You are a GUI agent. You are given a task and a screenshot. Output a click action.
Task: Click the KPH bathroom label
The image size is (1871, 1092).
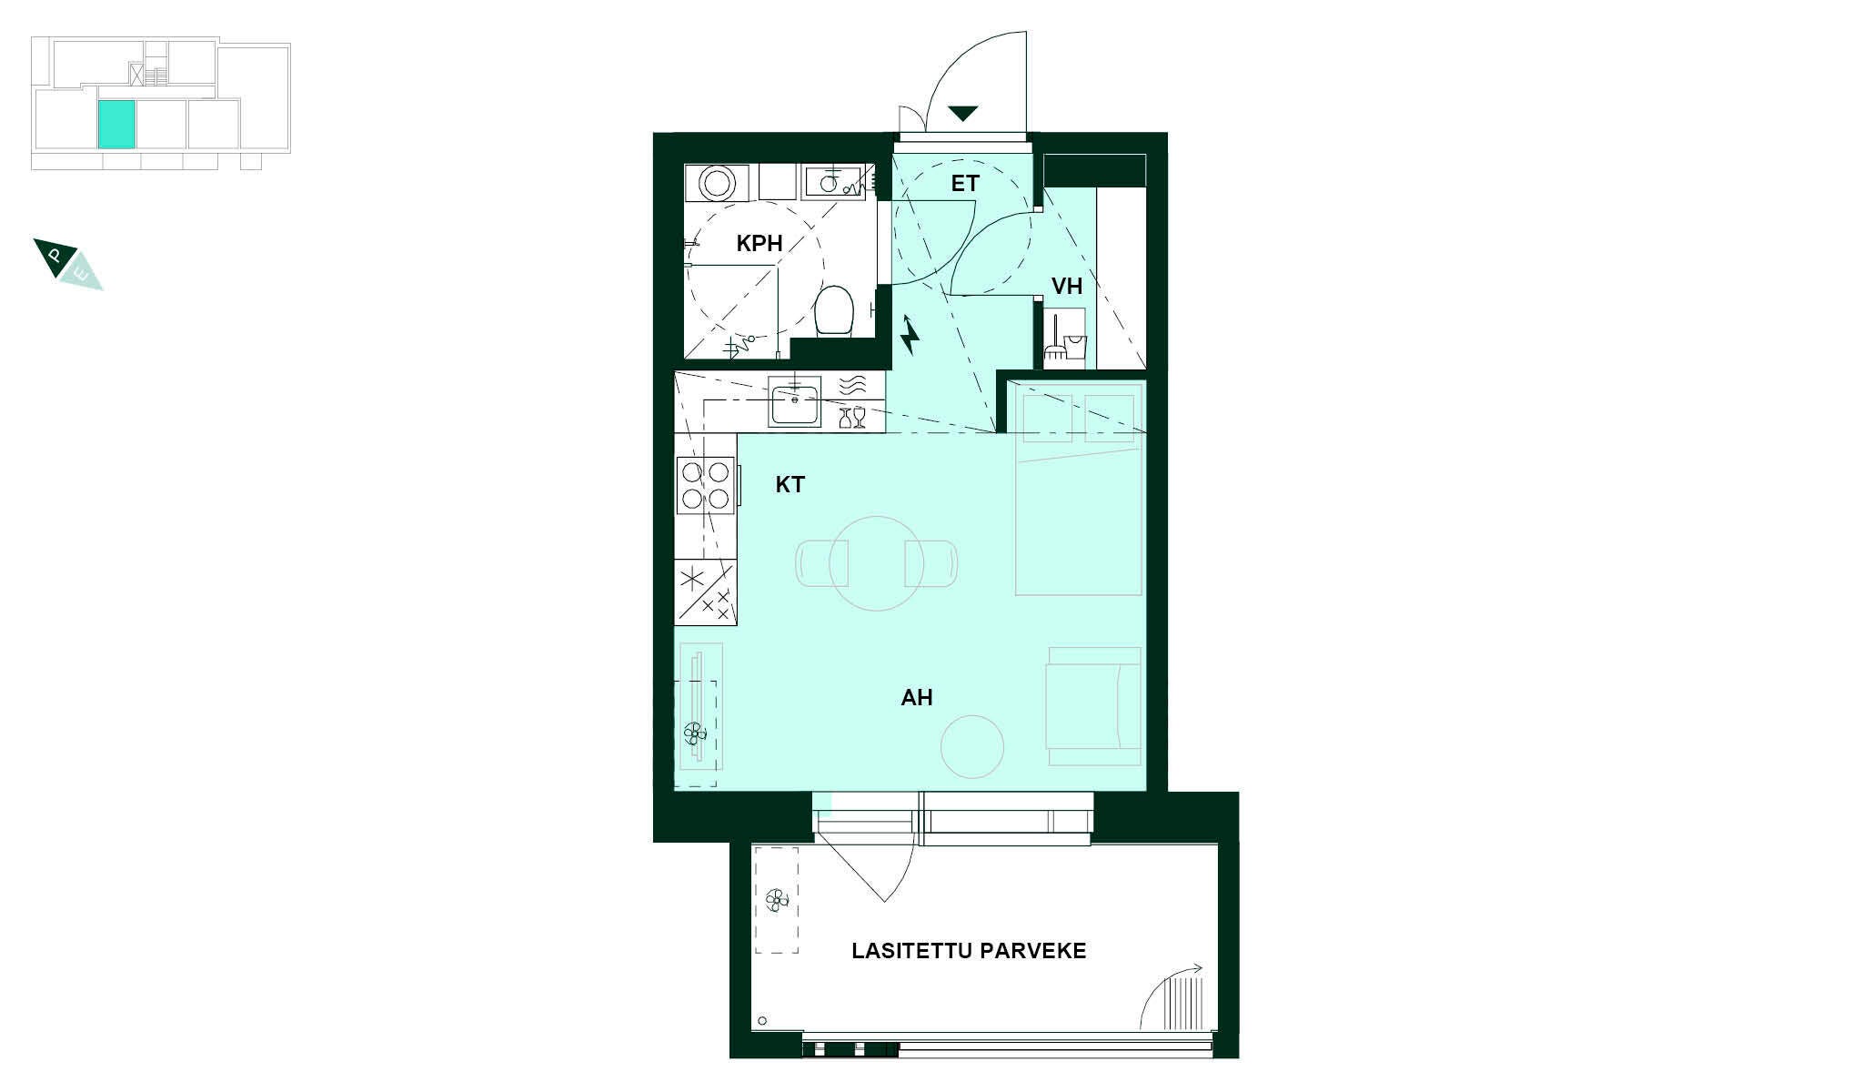[759, 243]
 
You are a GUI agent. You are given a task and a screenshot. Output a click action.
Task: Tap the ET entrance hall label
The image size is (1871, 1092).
[965, 184]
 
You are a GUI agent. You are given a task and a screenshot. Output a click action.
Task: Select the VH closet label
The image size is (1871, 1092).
[1067, 287]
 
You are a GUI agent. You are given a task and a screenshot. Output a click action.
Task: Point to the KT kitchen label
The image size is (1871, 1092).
[790, 485]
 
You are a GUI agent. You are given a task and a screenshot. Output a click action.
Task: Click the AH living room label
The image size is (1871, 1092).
[917, 698]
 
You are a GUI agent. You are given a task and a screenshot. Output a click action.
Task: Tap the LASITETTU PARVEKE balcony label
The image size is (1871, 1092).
[969, 951]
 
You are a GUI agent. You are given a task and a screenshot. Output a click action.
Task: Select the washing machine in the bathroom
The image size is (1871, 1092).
[717, 182]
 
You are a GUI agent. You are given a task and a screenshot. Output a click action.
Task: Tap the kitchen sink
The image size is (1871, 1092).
[795, 401]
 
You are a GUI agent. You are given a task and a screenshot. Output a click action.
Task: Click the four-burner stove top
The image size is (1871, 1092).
[706, 485]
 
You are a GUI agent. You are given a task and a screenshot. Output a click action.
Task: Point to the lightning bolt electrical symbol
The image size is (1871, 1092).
[910, 335]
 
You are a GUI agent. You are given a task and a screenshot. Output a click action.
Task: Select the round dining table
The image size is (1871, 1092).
[877, 563]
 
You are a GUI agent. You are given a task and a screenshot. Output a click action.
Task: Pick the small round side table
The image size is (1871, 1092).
[971, 746]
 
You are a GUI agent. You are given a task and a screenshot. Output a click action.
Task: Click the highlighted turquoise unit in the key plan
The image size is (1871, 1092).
[116, 125]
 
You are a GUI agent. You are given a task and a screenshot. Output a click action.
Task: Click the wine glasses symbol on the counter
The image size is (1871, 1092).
[851, 417]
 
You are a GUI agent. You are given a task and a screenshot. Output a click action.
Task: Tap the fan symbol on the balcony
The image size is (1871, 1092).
[777, 900]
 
